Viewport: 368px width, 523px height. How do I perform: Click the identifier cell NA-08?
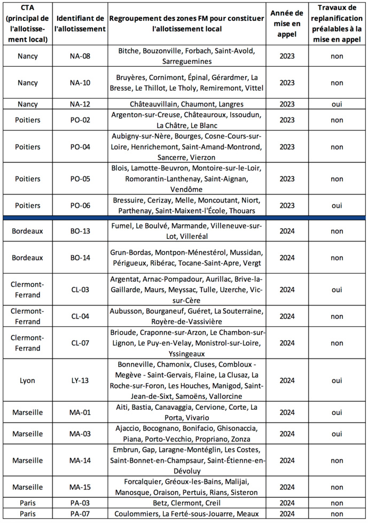(x=80, y=55)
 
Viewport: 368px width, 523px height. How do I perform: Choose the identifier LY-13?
(x=80, y=380)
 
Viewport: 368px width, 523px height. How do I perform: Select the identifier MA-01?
(x=80, y=412)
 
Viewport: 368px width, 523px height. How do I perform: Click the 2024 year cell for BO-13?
(x=287, y=231)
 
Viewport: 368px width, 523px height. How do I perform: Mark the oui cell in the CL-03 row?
(x=336, y=289)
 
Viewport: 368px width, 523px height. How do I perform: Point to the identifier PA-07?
(x=80, y=513)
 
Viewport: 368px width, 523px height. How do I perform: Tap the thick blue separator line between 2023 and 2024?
(x=184, y=217)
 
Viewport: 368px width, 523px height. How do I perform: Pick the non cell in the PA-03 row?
(x=336, y=503)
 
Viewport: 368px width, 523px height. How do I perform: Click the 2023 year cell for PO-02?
(x=287, y=120)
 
